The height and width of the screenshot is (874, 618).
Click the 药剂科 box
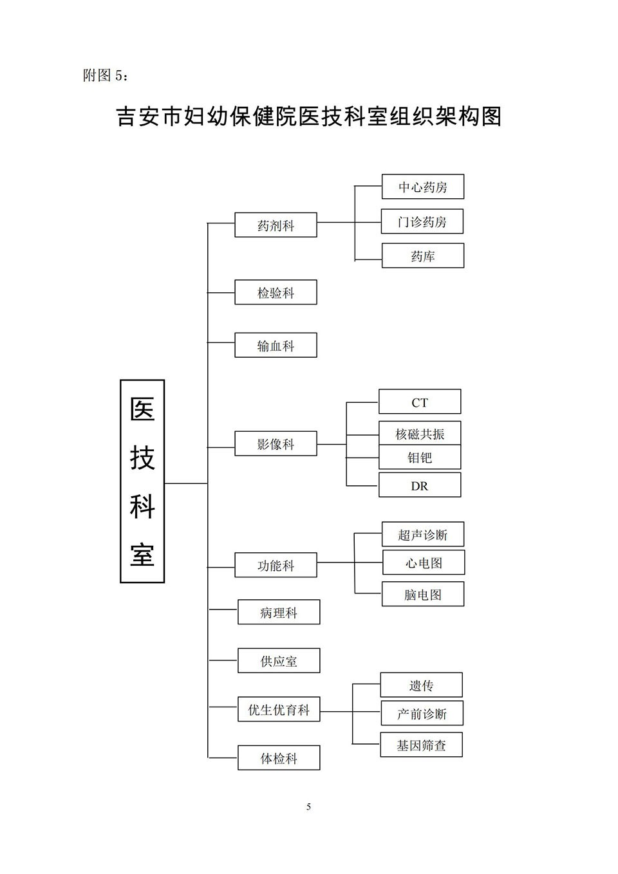[276, 225]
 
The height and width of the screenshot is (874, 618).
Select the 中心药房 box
[422, 187]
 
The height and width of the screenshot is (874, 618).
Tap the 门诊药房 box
[422, 221]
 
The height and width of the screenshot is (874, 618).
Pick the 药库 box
[422, 256]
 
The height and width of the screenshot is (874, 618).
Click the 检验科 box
[276, 292]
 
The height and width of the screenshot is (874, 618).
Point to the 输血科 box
[276, 346]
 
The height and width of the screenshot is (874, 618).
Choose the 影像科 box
[276, 443]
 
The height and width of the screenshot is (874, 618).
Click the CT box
[419, 402]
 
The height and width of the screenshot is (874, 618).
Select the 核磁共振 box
[419, 434]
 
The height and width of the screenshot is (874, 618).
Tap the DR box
[419, 485]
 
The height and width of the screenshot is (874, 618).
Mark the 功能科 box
[276, 565]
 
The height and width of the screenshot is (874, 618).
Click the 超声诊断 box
[422, 534]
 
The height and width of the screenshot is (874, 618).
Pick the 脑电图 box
[422, 594]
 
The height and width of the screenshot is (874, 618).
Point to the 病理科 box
[279, 612]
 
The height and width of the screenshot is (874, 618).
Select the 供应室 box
[279, 661]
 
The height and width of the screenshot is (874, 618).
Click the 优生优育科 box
[279, 709]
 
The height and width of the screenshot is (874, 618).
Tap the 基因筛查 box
[421, 745]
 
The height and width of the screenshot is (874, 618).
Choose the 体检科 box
[279, 758]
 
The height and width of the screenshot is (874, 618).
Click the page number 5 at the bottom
[308, 806]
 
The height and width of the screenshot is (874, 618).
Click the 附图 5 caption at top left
[106, 75]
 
